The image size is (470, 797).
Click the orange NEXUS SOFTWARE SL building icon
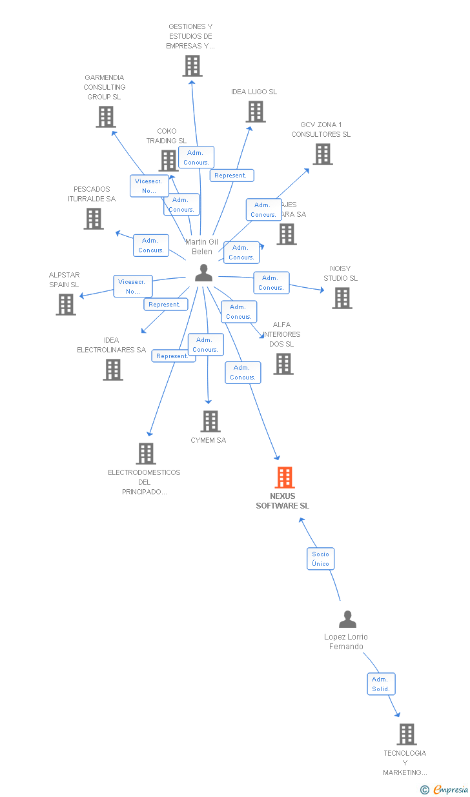[285, 478]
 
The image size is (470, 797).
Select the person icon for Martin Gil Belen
[203, 273]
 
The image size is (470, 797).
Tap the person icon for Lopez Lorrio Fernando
[347, 620]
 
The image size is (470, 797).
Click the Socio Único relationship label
[320, 559]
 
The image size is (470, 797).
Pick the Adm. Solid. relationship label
[380, 684]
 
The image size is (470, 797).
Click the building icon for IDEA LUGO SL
[255, 112]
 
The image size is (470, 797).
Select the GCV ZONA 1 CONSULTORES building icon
[323, 154]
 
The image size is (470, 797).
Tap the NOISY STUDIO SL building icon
[342, 298]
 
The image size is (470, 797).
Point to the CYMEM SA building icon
[210, 421]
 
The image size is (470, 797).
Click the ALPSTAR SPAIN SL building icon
[66, 304]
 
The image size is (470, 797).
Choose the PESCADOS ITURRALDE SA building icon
[94, 219]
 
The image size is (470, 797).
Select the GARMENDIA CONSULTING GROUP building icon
[105, 117]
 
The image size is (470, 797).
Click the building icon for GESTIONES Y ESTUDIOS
[192, 66]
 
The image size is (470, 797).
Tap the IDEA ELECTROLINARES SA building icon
[113, 370]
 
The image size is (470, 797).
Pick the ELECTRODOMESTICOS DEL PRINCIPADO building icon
[146, 454]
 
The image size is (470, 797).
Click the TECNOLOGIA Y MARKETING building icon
[406, 734]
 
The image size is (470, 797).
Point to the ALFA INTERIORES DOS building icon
[283, 364]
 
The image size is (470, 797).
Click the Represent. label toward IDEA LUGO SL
[231, 176]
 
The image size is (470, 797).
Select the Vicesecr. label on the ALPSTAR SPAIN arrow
[133, 286]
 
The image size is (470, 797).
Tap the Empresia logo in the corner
[445, 789]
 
